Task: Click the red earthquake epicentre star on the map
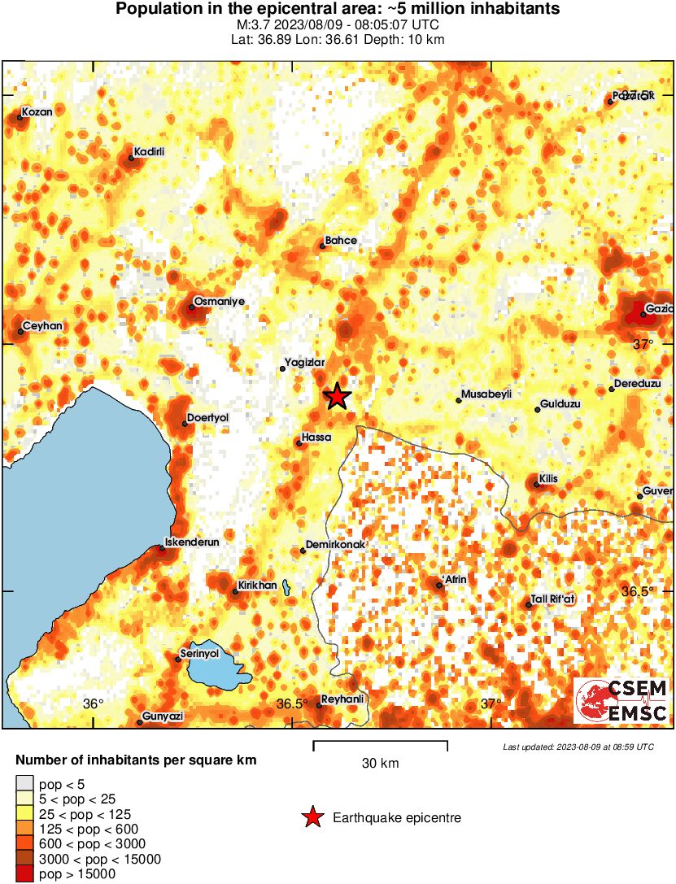click(x=337, y=396)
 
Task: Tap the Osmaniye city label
click(x=219, y=301)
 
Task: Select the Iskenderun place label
click(x=192, y=541)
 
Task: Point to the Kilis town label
click(x=548, y=479)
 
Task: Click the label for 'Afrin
click(x=453, y=579)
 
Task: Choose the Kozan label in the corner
click(x=37, y=111)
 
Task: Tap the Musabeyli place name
click(x=486, y=394)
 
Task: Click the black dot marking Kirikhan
click(x=235, y=591)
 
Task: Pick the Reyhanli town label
click(x=342, y=699)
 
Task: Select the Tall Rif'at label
click(x=552, y=599)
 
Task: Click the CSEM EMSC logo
click(x=621, y=701)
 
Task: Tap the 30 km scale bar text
click(x=380, y=764)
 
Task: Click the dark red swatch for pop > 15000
click(x=24, y=874)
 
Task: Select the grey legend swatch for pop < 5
click(x=24, y=784)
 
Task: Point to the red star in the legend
click(x=312, y=817)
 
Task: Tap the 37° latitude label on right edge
click(x=643, y=344)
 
